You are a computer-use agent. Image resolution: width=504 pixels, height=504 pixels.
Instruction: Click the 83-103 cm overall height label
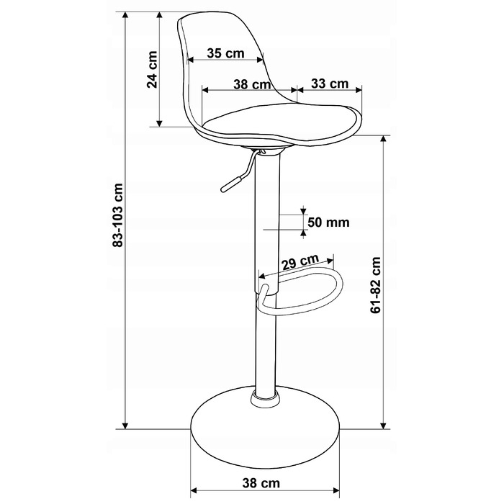[x=118, y=215]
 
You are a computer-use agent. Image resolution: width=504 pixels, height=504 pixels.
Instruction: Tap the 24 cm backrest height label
[x=152, y=69]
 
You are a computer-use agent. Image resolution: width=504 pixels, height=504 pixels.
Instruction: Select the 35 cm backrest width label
[x=225, y=53]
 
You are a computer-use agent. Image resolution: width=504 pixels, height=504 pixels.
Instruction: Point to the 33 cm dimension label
[x=330, y=84]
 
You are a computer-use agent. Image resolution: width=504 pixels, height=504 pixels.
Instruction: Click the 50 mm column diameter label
[x=328, y=222]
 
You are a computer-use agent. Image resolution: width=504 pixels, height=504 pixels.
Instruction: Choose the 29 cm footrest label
[x=301, y=262]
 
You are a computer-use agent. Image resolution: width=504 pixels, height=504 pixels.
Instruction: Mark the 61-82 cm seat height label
[x=375, y=285]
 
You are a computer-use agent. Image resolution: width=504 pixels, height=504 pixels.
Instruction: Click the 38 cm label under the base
[x=261, y=483]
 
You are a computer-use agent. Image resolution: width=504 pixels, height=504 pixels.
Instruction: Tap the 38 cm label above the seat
[x=252, y=84]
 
